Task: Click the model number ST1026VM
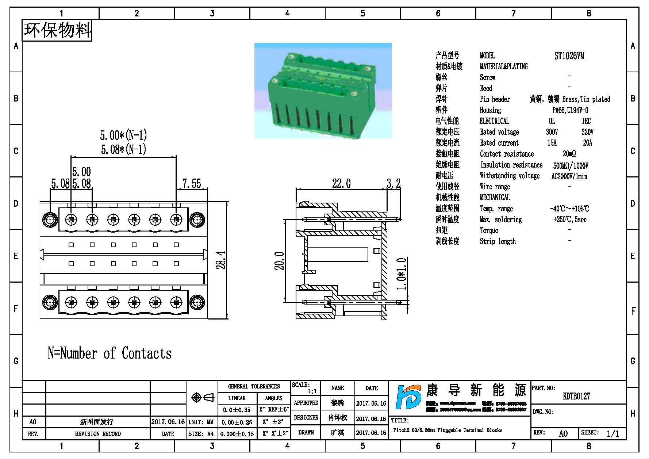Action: [569, 56]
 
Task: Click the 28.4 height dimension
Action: [221, 260]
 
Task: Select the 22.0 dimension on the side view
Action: [341, 183]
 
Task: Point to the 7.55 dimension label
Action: [192, 183]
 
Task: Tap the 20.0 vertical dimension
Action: [280, 261]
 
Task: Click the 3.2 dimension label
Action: [393, 183]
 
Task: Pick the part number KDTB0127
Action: [576, 397]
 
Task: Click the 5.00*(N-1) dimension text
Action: [123, 135]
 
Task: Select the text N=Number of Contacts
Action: [110, 353]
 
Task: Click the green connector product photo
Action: [323, 90]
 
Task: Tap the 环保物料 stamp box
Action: [57, 30]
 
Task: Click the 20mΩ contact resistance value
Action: [569, 154]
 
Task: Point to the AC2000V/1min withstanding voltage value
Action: [569, 176]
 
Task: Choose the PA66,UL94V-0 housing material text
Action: [570, 110]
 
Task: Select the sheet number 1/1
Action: [613, 433]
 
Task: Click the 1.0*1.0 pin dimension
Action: [402, 274]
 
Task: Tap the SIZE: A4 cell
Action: [201, 434]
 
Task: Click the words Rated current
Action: [499, 143]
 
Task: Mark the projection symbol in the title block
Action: [203, 397]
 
